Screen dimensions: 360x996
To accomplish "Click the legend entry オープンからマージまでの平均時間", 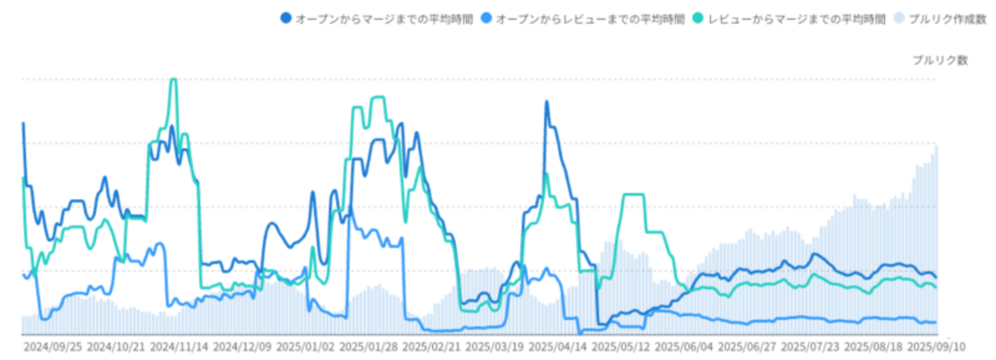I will click(375, 17).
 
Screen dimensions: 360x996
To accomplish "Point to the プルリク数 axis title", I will click(940, 61).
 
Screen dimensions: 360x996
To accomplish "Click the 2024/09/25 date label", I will click(52, 347).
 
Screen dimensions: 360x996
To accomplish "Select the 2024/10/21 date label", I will click(116, 347).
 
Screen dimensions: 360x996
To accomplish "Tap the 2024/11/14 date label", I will click(179, 347).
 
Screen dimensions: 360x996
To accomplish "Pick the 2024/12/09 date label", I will click(242, 347).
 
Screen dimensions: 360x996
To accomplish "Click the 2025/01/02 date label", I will click(305, 347).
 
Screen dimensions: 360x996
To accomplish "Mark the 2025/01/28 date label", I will click(369, 347).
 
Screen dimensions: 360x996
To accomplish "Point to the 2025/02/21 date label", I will click(431, 347).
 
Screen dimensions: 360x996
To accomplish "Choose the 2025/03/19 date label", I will click(495, 347).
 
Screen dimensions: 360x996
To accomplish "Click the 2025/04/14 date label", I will click(558, 347).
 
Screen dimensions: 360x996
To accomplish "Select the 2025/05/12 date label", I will click(621, 347).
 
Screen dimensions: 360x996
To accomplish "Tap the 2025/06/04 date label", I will click(684, 347).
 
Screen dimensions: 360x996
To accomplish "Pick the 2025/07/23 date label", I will click(811, 347).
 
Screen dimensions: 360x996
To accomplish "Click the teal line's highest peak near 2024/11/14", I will click(173, 80).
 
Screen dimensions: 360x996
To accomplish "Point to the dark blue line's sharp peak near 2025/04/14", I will click(546, 101).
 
